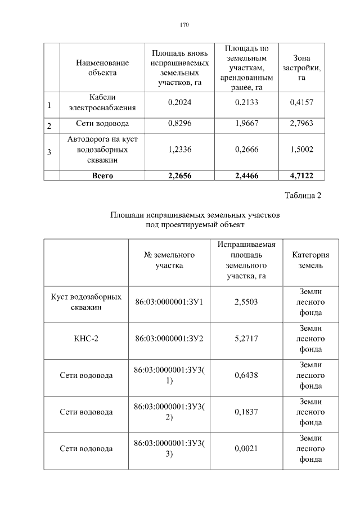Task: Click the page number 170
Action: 184,25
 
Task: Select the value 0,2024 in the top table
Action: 180,102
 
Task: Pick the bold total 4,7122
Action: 301,175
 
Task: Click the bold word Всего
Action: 102,175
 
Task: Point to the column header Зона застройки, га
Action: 301,67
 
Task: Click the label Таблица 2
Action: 303,196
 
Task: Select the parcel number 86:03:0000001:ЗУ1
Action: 169,302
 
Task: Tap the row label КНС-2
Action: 86,339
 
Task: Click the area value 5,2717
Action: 246,339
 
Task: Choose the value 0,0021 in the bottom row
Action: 246,449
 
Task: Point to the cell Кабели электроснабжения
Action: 102,102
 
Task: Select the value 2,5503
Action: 246,302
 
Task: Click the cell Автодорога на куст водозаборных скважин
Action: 102,150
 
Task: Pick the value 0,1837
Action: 246,412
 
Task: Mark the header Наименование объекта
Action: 102,67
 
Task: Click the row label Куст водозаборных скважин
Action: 86,302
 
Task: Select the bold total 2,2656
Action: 180,175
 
